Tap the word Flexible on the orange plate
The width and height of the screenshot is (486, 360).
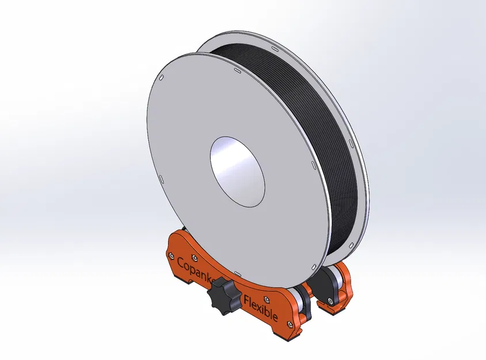coord(261,309)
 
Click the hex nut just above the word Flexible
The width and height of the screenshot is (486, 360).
coord(266,298)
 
